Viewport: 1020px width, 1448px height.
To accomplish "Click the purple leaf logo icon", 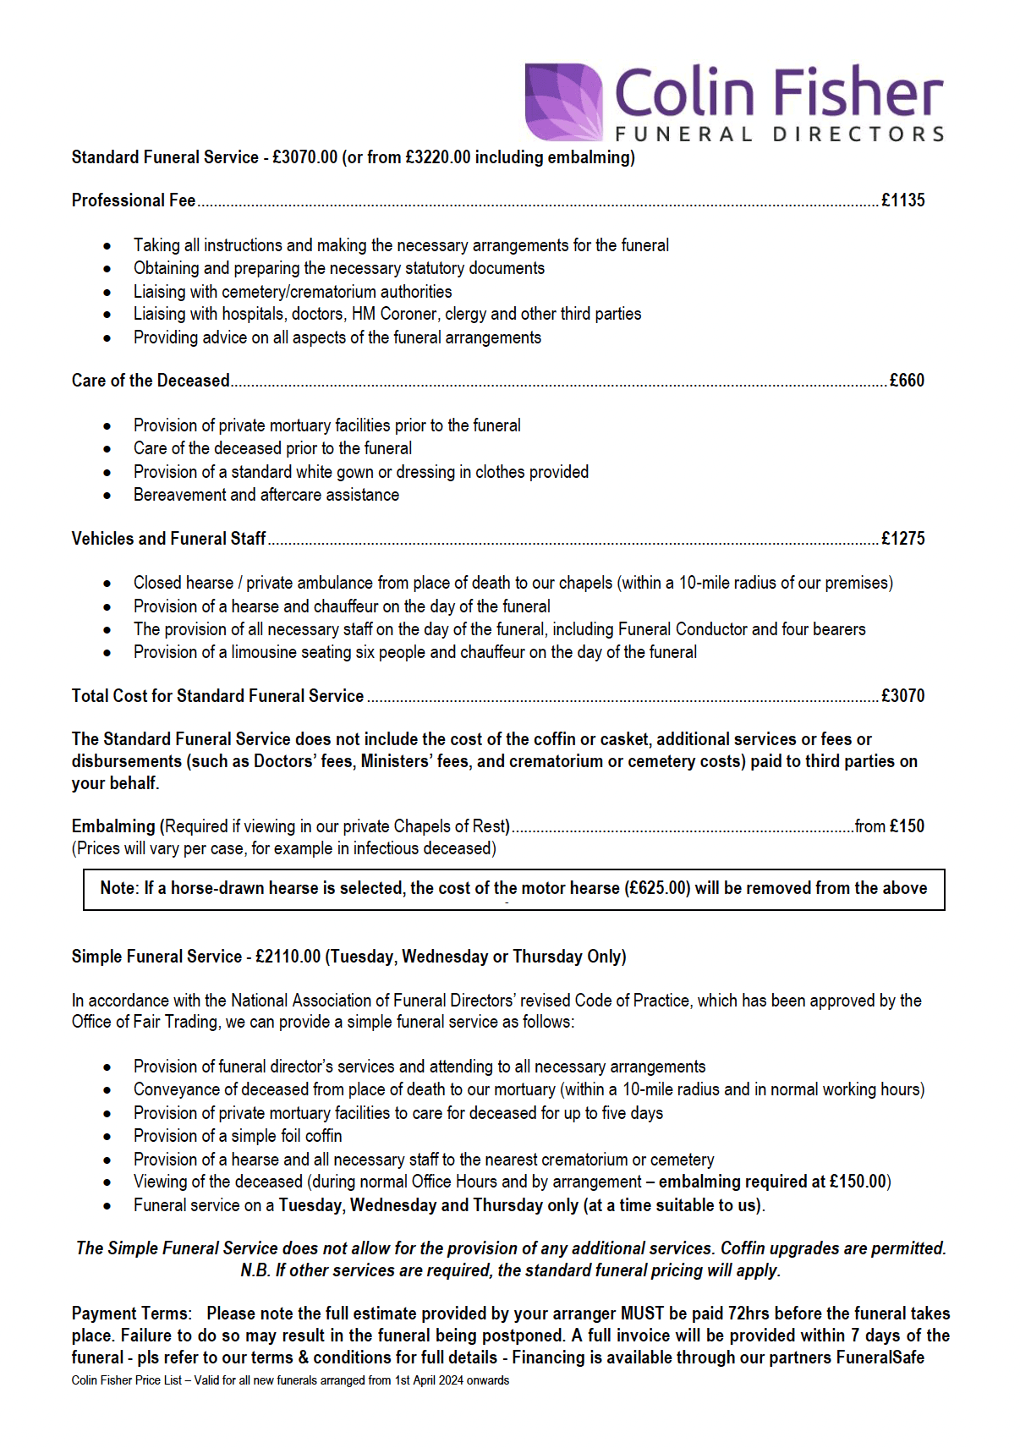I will tap(563, 101).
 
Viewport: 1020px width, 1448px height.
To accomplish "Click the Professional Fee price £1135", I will tap(902, 200).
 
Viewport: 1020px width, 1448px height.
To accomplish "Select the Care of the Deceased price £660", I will tap(907, 381).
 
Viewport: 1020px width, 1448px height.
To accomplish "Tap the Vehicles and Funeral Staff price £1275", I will tap(902, 539).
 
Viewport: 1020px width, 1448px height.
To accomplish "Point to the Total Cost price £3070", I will tap(902, 696).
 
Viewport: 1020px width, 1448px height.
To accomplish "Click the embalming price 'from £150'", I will tap(889, 826).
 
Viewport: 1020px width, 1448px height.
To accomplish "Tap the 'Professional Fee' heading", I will tap(134, 200).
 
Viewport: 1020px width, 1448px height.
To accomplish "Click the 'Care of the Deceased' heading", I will tap(151, 381).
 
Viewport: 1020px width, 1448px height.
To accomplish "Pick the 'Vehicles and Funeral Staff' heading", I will tap(168, 539).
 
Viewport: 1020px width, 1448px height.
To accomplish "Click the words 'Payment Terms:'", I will tap(132, 1314).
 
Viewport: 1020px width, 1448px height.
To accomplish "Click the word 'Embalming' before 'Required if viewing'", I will tap(113, 826).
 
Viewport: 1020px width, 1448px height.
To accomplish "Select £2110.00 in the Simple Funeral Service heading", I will tap(288, 957).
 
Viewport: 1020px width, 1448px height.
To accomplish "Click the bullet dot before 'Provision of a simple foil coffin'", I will tap(107, 1137).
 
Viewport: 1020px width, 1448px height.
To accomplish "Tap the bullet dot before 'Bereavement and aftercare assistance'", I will tap(107, 496).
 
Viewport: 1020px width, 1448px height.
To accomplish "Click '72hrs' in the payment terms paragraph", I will tap(749, 1314).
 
